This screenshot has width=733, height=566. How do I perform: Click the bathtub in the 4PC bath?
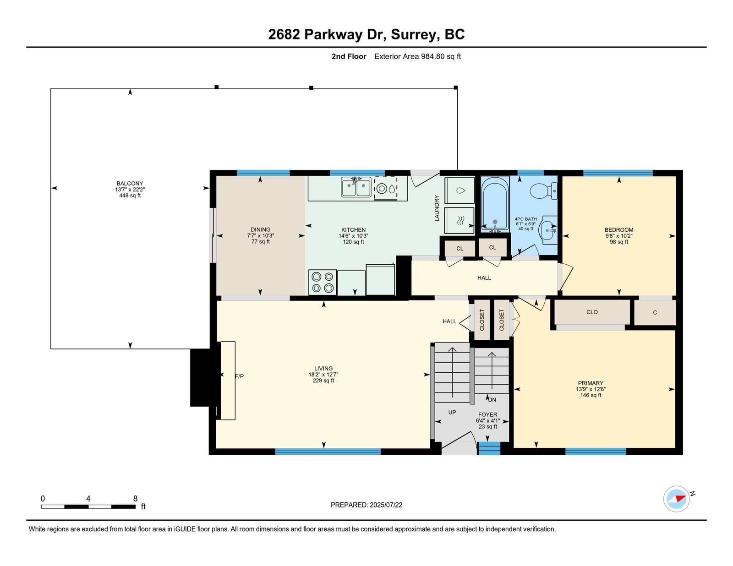click(x=495, y=204)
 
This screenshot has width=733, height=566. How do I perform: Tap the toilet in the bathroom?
click(x=543, y=191)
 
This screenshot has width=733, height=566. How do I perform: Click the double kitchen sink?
click(x=356, y=187)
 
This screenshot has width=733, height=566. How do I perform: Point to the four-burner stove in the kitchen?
click(x=323, y=283)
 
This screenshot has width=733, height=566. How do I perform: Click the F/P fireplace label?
click(x=239, y=376)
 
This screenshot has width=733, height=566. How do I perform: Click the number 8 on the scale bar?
click(x=135, y=499)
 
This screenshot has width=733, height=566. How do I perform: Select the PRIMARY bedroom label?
click(x=591, y=383)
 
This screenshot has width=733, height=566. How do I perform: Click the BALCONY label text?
click(x=130, y=184)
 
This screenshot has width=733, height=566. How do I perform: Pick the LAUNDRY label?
click(x=437, y=208)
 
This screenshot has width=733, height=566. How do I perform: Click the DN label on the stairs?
click(x=492, y=400)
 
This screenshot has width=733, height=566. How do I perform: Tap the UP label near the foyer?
click(x=452, y=412)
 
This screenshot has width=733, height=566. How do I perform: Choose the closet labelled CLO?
click(x=592, y=312)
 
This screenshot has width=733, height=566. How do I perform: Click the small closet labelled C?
click(x=655, y=312)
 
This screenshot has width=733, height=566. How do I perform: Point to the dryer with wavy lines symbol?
click(x=459, y=220)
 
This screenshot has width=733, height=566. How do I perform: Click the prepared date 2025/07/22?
click(x=386, y=505)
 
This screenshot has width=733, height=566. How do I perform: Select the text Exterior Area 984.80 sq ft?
click(x=417, y=57)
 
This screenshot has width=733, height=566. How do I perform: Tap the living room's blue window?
click(x=328, y=452)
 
